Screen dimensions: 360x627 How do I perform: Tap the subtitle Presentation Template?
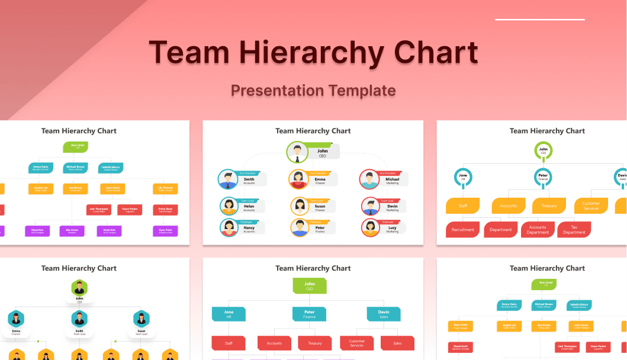[313, 91]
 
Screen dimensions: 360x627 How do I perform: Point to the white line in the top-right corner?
[539, 20]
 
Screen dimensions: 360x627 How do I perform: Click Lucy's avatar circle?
[370, 227]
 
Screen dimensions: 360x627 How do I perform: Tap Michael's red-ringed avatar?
[369, 179]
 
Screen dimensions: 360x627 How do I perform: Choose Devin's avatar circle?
[370, 206]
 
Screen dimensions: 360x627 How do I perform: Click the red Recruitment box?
[463, 229]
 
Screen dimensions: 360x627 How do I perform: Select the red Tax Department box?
[574, 229]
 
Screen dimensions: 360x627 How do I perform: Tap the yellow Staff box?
[463, 205]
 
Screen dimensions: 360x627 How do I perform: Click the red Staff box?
[229, 343]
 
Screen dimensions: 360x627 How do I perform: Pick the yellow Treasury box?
[549, 205]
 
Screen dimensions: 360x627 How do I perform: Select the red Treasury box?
[314, 343]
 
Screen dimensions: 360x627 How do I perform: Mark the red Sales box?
[397, 343]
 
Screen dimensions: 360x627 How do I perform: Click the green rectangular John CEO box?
[310, 286]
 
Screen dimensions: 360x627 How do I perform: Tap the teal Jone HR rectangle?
[229, 314]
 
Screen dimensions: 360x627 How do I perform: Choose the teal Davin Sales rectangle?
[383, 314]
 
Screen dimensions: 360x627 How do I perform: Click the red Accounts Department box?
[538, 229]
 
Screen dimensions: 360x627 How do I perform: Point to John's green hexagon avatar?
[79, 288]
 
